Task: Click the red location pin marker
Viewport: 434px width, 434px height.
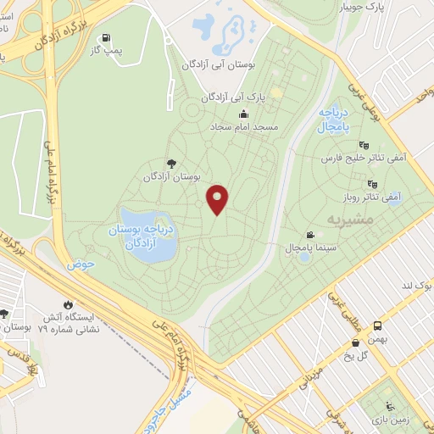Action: coord(218,199)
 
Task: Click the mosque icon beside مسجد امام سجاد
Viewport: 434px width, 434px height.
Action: coord(244,114)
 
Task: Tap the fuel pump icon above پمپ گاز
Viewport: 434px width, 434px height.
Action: coord(105,38)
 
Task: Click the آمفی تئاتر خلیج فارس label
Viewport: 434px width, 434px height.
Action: coord(359,158)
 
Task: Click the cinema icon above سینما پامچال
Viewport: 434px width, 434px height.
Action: coord(311,235)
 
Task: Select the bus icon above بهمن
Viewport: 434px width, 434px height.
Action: coord(377,325)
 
